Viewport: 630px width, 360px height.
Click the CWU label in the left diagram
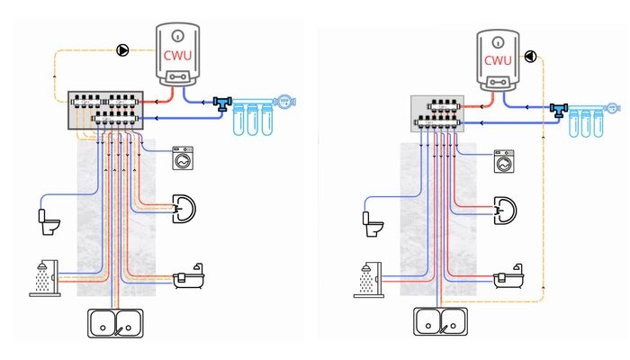click(x=177, y=55)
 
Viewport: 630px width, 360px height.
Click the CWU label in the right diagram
click(x=498, y=60)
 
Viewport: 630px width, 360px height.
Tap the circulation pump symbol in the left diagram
click(x=122, y=50)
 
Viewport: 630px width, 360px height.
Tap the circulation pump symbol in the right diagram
click(x=530, y=56)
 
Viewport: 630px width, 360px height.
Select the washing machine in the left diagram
click(x=183, y=157)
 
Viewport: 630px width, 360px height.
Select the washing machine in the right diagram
click(x=504, y=161)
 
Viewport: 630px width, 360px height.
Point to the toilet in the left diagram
click(x=49, y=221)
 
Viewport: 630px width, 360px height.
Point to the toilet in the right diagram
click(x=373, y=224)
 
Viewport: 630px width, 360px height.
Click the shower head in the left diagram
click(x=42, y=266)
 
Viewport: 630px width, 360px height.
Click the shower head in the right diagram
click(x=366, y=268)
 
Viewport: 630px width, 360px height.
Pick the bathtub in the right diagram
click(x=508, y=276)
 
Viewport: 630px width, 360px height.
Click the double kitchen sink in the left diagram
click(x=115, y=323)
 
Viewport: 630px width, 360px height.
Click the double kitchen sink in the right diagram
click(x=440, y=321)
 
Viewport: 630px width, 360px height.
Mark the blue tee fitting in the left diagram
click(x=221, y=103)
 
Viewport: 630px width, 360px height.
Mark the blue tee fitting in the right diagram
click(x=559, y=110)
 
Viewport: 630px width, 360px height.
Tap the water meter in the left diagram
click(x=285, y=102)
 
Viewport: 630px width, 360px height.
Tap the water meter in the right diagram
click(x=612, y=108)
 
